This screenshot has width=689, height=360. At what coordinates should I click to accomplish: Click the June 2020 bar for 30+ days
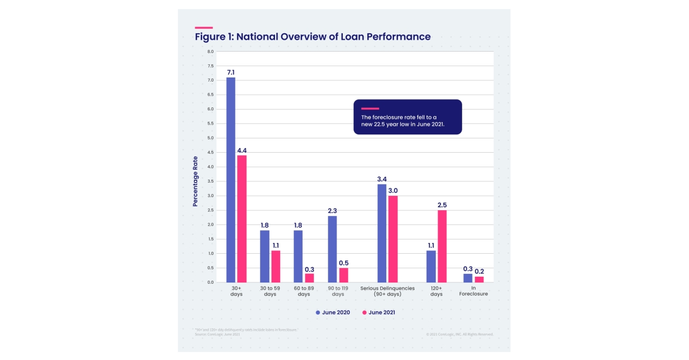230,180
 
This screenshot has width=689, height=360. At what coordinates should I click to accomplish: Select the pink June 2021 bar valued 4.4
242,219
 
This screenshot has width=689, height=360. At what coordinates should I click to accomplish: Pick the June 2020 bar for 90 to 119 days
332,249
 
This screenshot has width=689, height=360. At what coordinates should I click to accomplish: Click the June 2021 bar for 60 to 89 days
309,278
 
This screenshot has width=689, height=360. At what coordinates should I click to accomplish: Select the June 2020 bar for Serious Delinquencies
382,233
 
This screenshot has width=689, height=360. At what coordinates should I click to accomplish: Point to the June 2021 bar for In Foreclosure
479,279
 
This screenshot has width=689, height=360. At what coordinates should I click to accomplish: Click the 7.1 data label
230,72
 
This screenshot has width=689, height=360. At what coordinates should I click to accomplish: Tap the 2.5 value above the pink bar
442,205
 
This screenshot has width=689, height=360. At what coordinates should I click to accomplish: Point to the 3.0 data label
393,191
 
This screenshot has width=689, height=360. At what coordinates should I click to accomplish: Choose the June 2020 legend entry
332,312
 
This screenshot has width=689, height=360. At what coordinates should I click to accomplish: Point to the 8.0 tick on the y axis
210,52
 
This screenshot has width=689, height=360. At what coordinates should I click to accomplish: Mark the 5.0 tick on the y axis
210,138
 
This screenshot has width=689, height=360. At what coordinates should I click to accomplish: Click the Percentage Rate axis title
195,181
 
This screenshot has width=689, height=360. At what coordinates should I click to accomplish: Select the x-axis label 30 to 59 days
270,291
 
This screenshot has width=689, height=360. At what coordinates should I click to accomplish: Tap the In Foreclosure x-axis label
474,291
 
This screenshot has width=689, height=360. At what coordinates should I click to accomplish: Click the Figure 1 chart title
312,37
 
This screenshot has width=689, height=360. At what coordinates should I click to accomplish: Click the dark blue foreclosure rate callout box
407,117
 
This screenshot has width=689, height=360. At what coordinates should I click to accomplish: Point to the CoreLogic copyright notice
459,334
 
